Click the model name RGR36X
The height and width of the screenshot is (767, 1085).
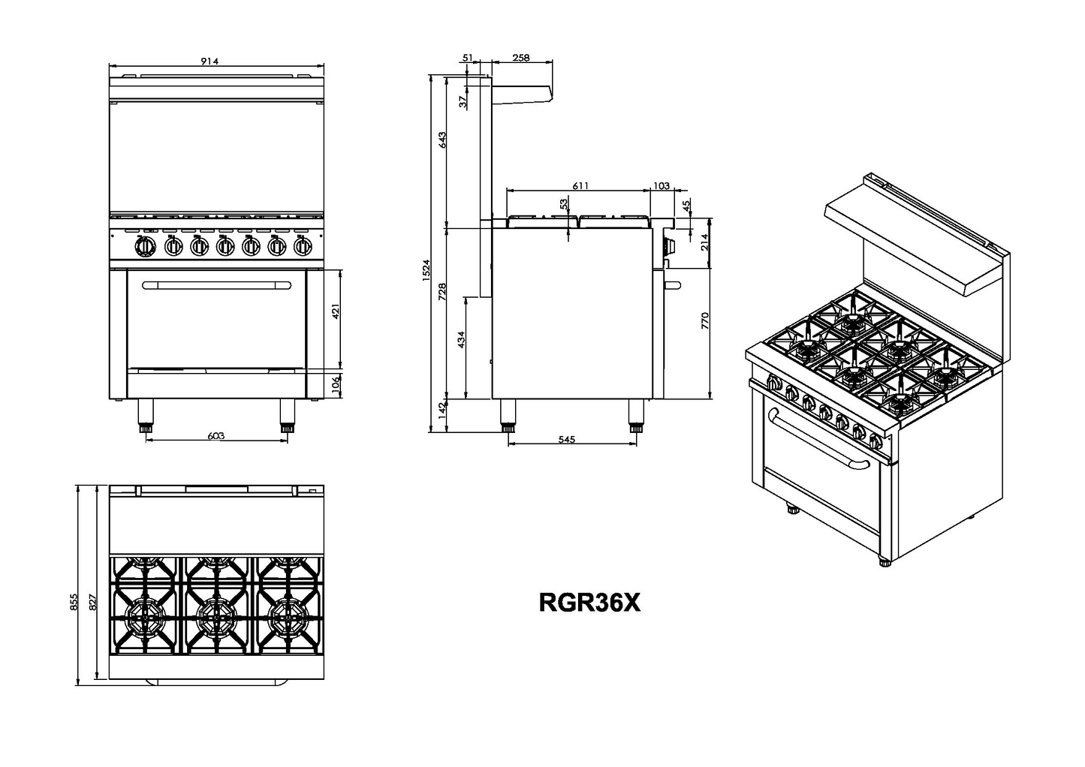click(x=589, y=603)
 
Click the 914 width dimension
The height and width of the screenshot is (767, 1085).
click(x=209, y=62)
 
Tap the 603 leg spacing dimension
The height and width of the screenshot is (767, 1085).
click(x=215, y=435)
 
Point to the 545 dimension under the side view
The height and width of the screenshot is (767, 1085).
click(x=567, y=440)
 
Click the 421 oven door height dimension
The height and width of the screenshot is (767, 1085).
click(x=336, y=311)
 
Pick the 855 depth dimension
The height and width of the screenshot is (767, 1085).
click(x=74, y=602)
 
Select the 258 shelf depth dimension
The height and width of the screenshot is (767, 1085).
click(x=521, y=57)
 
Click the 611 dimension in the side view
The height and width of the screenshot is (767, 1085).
click(x=580, y=185)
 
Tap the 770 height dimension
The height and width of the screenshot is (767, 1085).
click(x=704, y=321)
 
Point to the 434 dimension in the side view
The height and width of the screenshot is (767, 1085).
click(x=461, y=339)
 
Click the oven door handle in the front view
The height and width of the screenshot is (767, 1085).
click(x=216, y=284)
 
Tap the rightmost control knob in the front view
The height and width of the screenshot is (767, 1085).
click(x=303, y=246)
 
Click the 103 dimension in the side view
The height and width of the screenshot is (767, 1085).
click(x=662, y=185)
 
